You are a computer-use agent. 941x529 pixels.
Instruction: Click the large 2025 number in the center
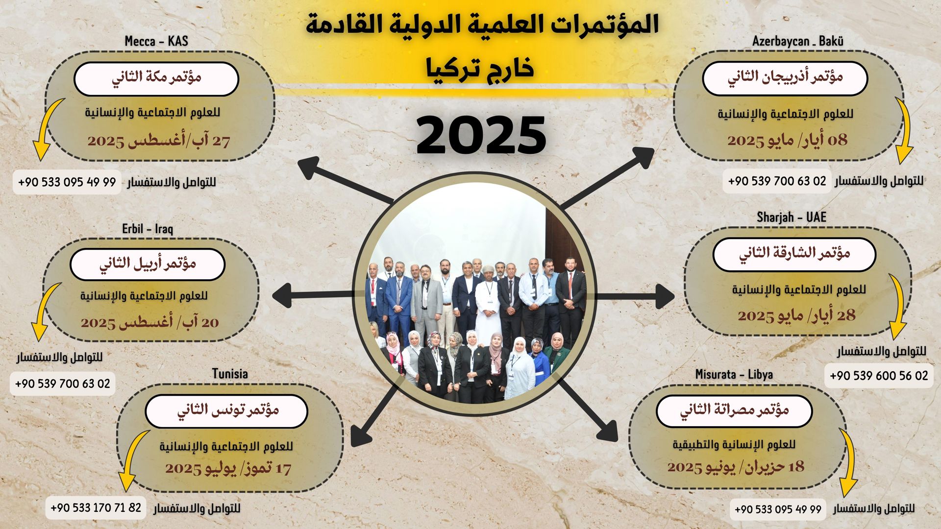tap(481, 135)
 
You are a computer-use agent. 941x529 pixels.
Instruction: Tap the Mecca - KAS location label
tap(156, 41)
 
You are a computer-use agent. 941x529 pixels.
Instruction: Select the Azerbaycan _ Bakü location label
tap(798, 41)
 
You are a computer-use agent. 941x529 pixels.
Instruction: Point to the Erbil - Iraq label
tap(148, 229)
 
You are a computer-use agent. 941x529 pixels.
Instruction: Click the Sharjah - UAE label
tap(792, 217)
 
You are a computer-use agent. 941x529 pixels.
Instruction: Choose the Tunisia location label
tap(230, 374)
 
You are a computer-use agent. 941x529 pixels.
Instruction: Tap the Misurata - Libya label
tap(734, 375)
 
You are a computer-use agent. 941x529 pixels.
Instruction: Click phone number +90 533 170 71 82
tap(96, 507)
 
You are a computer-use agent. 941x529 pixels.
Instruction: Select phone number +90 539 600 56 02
tap(879, 376)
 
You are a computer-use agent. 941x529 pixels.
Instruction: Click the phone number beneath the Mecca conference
tap(67, 182)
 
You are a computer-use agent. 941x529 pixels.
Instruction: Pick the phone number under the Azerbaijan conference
tap(777, 181)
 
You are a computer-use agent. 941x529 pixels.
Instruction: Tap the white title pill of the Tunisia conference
tap(226, 411)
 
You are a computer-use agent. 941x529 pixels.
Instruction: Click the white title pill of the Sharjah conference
tap(794, 255)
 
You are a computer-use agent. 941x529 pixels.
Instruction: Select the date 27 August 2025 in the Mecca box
tap(159, 141)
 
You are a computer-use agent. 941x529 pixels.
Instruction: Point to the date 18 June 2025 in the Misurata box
tap(736, 467)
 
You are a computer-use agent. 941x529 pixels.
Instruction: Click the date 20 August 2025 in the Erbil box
tap(150, 322)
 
